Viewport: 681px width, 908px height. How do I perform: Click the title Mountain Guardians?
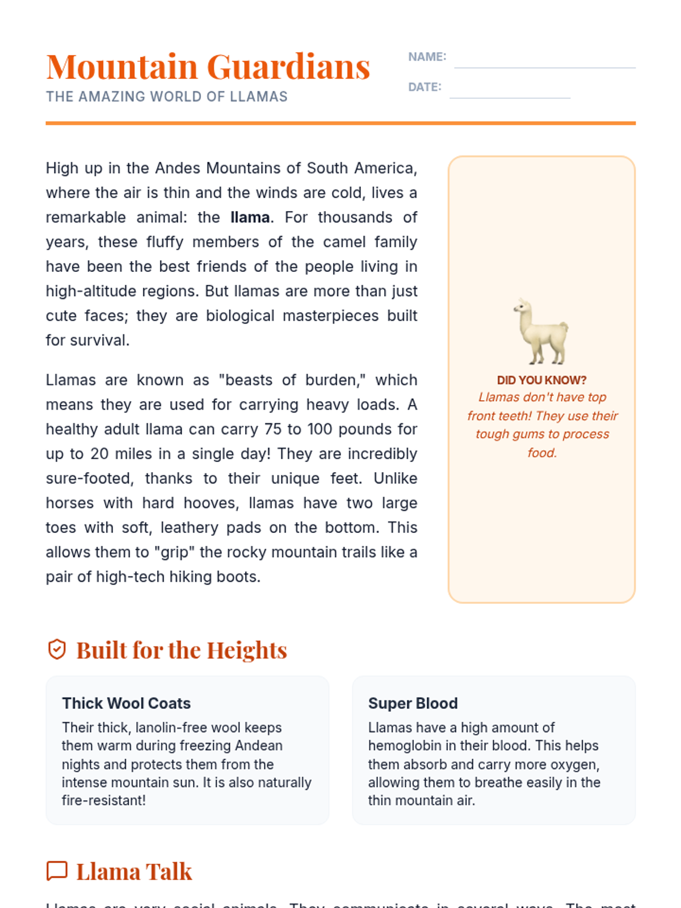coord(208,67)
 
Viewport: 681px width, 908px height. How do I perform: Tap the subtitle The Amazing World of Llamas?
coord(167,97)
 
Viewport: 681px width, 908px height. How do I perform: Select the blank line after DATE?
coord(510,94)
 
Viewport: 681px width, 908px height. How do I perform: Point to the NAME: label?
coord(427,57)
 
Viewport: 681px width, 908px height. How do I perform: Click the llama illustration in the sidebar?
coord(541,331)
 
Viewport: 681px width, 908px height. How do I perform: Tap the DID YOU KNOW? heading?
coord(541,380)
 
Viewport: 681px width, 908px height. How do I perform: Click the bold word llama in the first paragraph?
coord(250,218)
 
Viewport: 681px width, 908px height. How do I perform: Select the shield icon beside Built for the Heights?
coord(57,650)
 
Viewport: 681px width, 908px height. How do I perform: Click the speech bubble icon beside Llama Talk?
coord(57,871)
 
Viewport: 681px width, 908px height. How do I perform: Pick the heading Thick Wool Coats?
coord(126,704)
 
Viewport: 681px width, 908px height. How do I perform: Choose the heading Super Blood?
coord(413,704)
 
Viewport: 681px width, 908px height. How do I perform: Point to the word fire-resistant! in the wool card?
coord(103,801)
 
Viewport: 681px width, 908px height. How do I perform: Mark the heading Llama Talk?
coord(134,872)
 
